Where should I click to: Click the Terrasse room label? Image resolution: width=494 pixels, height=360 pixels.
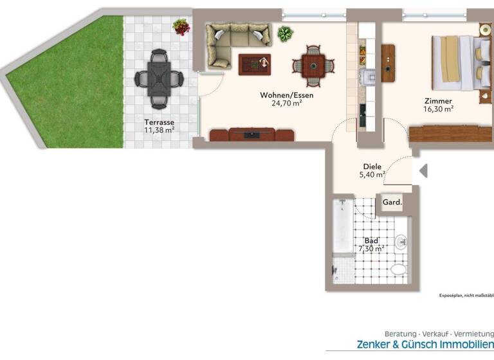(x=159, y=122)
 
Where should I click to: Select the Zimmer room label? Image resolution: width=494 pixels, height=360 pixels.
(x=438, y=101)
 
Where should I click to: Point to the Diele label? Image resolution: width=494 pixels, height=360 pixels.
(x=372, y=166)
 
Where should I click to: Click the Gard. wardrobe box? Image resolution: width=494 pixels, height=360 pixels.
(x=392, y=203)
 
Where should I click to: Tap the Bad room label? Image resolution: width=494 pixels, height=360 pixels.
(x=371, y=240)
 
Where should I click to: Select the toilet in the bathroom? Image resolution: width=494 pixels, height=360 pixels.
(x=399, y=269)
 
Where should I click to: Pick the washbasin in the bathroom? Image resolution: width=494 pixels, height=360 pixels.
(x=401, y=241)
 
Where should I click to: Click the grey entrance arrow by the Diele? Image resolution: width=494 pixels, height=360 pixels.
(x=423, y=170)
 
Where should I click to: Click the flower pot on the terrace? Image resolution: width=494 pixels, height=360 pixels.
(x=181, y=27)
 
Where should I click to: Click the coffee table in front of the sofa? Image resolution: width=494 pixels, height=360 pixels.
(x=255, y=64)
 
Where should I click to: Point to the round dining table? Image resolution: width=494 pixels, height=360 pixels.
(x=314, y=65)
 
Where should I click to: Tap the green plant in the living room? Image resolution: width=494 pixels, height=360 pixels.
(x=285, y=33)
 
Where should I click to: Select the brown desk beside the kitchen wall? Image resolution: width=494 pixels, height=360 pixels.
(x=388, y=62)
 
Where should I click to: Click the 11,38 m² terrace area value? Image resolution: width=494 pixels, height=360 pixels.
(x=159, y=130)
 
